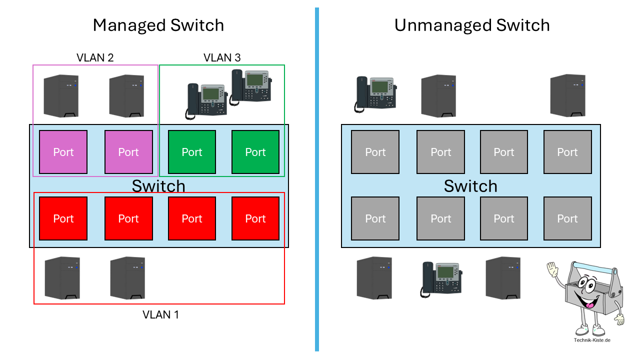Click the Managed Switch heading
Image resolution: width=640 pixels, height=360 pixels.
click(158, 25)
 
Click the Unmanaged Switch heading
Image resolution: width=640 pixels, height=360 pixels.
click(471, 25)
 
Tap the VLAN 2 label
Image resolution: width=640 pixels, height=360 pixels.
click(95, 57)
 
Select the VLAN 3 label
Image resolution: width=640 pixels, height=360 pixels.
click(222, 57)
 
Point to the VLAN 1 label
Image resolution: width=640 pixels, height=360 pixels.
click(160, 314)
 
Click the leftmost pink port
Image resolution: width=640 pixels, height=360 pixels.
click(63, 152)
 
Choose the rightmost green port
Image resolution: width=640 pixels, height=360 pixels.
click(255, 152)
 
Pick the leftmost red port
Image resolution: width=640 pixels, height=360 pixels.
click(63, 218)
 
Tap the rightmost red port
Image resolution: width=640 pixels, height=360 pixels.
click(255, 218)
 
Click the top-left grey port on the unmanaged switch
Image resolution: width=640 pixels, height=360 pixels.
click(375, 152)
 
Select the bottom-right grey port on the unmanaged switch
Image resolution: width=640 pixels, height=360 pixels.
click(567, 218)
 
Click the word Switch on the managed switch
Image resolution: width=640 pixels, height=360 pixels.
click(158, 186)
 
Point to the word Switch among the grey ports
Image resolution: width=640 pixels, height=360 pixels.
click(470, 186)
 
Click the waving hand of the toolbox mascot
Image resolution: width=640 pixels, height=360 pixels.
click(552, 269)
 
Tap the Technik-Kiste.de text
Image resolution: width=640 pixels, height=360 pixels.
click(592, 340)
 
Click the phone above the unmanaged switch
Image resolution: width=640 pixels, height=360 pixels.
click(375, 93)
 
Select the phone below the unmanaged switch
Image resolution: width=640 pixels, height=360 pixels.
click(442, 278)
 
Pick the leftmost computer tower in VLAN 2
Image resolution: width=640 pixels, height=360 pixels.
click(61, 96)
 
